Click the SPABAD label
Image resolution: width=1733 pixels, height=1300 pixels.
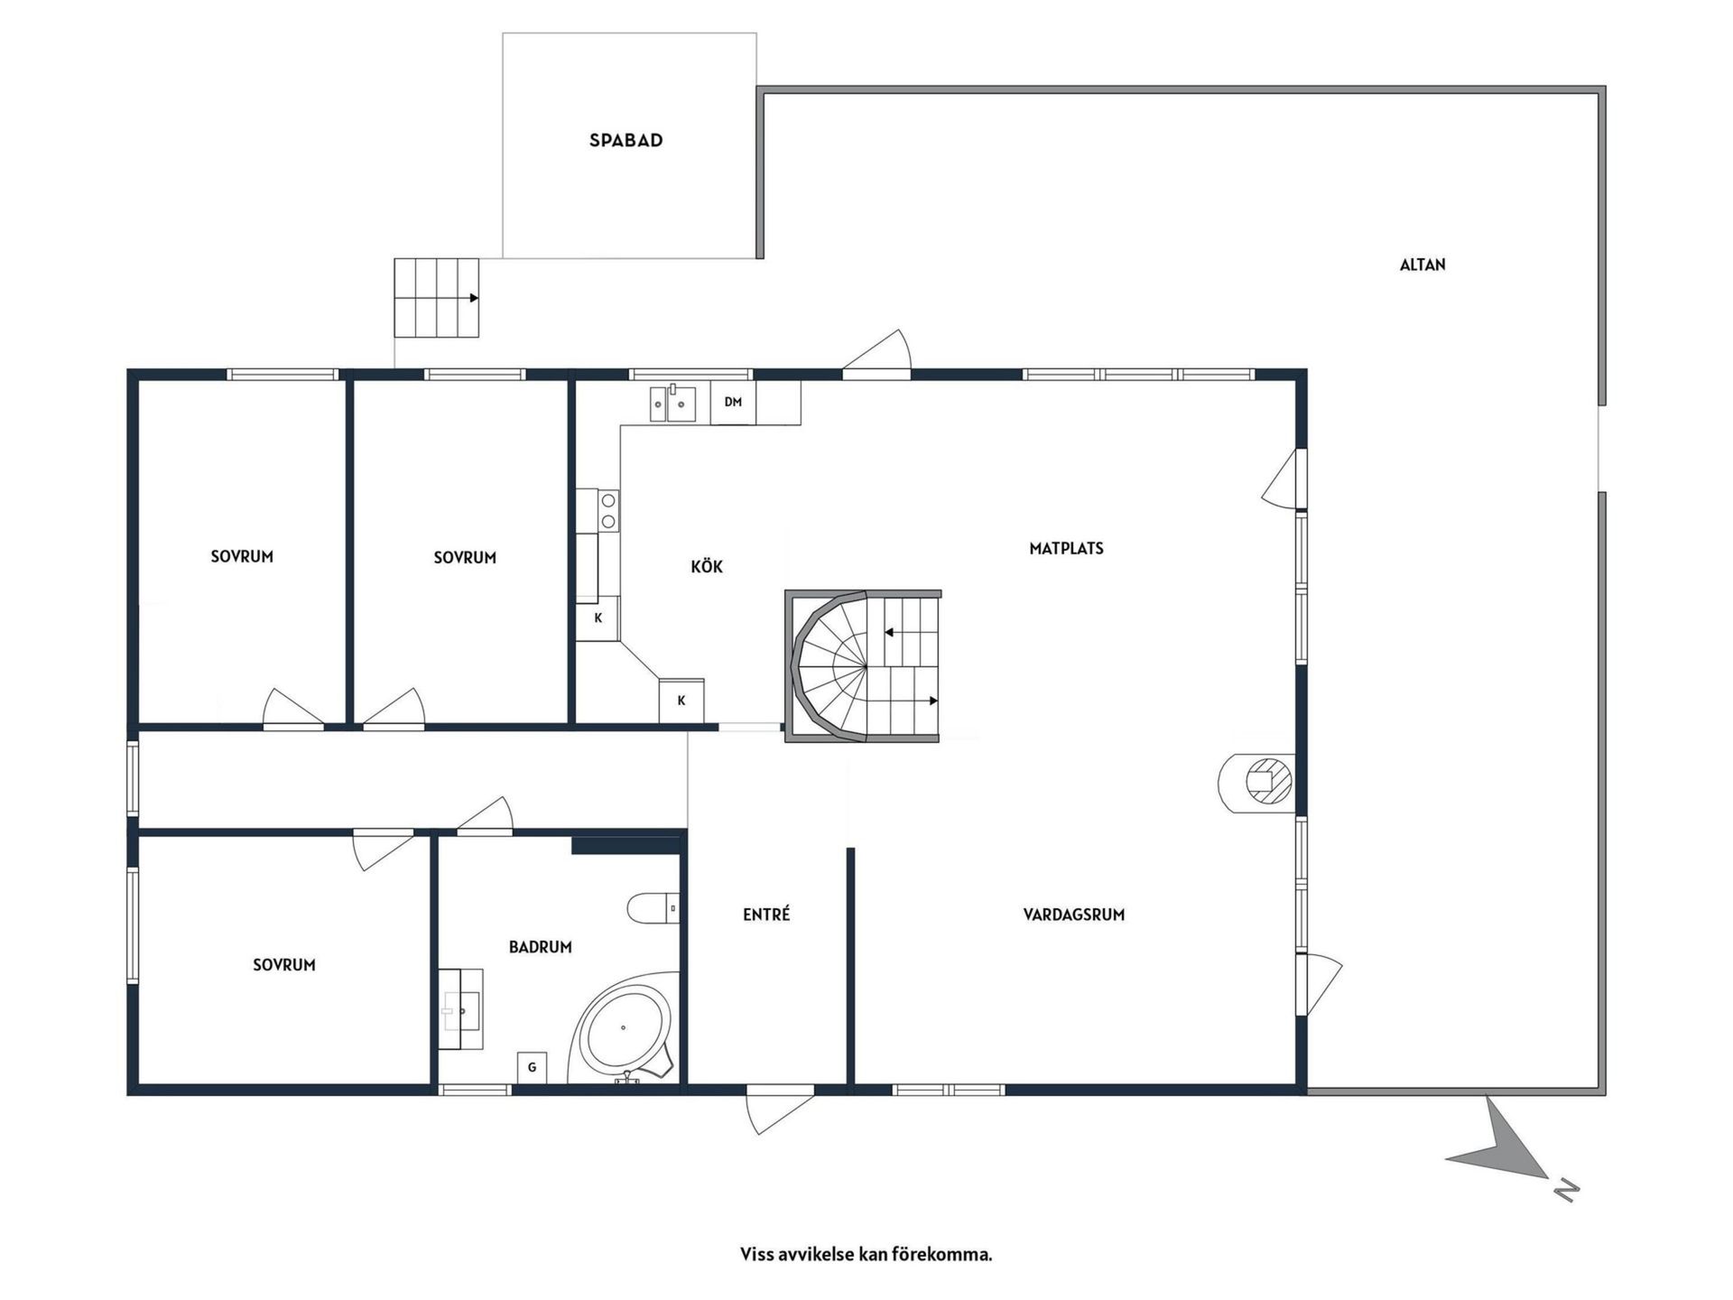click(x=626, y=140)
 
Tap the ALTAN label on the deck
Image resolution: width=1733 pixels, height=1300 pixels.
click(x=1423, y=265)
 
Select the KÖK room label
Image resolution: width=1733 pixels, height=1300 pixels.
click(x=707, y=566)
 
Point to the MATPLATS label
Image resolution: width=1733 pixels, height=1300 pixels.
click(x=1066, y=548)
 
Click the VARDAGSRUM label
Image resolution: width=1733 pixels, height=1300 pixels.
click(x=1074, y=915)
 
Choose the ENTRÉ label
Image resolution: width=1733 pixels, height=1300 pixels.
click(x=766, y=915)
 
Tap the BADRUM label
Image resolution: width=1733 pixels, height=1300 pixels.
click(x=541, y=947)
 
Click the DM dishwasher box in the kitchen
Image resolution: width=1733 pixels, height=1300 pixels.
click(x=733, y=403)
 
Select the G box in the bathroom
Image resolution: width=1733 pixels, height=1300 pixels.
click(x=533, y=1068)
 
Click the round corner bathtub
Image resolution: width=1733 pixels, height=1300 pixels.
click(x=625, y=1030)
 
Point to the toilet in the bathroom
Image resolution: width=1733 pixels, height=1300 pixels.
click(x=653, y=908)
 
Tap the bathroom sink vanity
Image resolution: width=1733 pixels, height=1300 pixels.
click(x=461, y=1009)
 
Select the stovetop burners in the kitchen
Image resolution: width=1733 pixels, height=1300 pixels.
click(x=609, y=510)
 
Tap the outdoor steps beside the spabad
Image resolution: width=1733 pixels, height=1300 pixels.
click(x=436, y=298)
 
